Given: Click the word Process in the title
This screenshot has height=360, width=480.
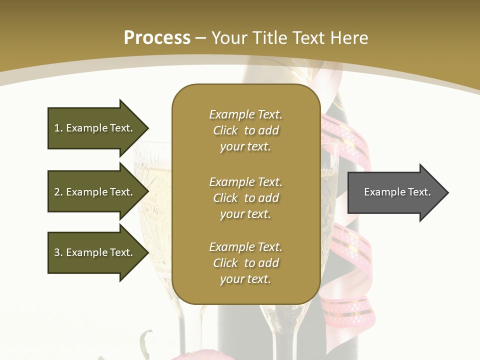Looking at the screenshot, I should pos(157,38).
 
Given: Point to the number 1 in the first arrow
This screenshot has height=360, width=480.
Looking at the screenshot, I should pos(57,128).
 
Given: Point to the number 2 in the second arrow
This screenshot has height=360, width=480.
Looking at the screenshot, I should pos(57,192).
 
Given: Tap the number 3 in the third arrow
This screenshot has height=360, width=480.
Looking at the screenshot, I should pos(57,252).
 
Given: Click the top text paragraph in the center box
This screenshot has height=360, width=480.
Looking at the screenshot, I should pos(245,130).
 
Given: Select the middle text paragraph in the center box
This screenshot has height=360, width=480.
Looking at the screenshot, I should pos(245,198).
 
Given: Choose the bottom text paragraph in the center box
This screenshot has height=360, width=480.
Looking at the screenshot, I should pos(245,263).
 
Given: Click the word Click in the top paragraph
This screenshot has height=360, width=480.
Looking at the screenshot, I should pos(225,130).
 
